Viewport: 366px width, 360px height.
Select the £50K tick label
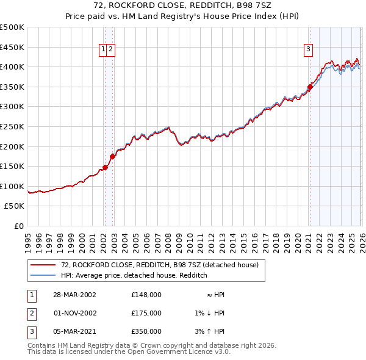[x=15, y=206]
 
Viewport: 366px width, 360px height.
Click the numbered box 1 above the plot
[x=104, y=50]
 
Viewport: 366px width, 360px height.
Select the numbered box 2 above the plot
[x=112, y=50]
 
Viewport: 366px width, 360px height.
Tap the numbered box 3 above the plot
[x=309, y=50]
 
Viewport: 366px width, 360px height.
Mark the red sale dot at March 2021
[x=310, y=87]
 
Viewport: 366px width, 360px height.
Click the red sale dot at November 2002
[x=112, y=157]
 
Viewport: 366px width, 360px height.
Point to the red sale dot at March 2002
[x=106, y=167]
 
